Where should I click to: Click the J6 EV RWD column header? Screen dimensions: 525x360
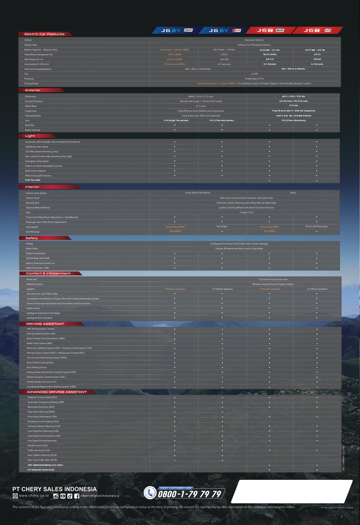(x=176, y=30)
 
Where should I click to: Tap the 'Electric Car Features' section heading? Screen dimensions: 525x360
(x=44, y=34)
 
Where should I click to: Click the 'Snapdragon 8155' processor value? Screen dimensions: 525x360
(x=254, y=79)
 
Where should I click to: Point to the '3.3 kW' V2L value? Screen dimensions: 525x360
(x=254, y=74)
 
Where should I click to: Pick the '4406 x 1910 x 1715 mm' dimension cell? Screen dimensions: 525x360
(x=200, y=96)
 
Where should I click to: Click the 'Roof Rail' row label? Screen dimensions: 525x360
(x=29, y=125)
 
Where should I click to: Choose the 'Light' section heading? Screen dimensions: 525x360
(x=30, y=136)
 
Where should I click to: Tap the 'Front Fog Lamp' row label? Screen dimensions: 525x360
(x=33, y=180)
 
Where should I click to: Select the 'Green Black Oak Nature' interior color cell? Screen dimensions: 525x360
(x=197, y=193)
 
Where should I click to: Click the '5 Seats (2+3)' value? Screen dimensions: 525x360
(x=246, y=212)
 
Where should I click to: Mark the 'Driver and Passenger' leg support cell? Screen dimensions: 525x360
(x=316, y=226)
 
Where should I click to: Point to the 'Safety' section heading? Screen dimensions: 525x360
(x=32, y=238)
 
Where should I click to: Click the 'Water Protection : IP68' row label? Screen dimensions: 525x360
(x=37, y=268)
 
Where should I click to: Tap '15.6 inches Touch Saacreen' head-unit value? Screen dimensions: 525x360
(x=273, y=279)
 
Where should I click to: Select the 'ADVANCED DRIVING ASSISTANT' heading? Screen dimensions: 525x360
(x=57, y=392)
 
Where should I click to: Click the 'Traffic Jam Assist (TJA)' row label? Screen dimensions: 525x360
(x=39, y=450)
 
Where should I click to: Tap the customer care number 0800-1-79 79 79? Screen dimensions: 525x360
(x=190, y=494)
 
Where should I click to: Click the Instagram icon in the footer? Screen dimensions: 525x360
(x=56, y=496)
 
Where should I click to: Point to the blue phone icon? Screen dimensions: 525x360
(x=150, y=492)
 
